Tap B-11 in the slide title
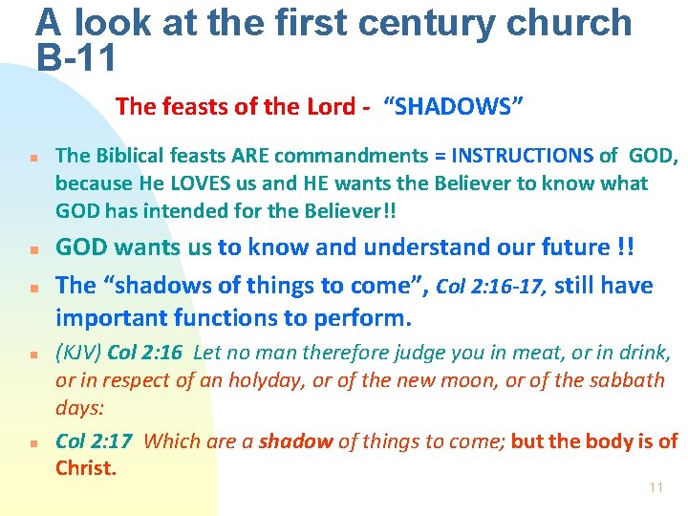(76, 58)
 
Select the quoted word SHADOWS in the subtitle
(454, 106)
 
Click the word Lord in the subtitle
(331, 106)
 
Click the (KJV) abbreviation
(78, 353)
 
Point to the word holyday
(271, 379)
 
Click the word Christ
(85, 467)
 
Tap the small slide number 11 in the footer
(656, 487)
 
